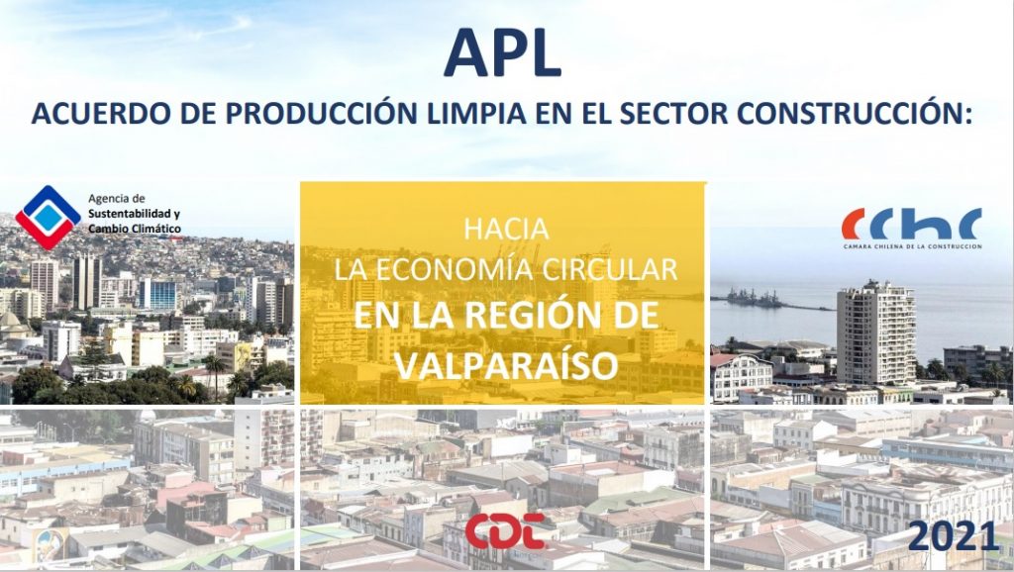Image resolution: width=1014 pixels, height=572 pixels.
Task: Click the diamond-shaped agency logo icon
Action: [48, 217]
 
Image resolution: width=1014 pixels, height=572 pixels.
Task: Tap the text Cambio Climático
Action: [135, 229]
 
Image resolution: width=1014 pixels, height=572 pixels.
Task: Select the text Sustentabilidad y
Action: [134, 214]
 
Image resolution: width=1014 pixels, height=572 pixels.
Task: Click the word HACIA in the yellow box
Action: [506, 230]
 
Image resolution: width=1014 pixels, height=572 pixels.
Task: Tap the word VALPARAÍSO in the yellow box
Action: [506, 365]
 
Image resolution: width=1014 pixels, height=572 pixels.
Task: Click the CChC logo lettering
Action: [911, 224]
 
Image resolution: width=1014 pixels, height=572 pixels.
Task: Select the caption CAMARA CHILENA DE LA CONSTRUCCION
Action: [912, 246]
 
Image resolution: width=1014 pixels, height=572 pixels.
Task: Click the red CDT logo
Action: [505, 530]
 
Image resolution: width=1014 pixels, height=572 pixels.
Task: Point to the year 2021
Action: [954, 536]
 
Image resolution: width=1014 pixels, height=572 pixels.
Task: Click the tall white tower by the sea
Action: [876, 334]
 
